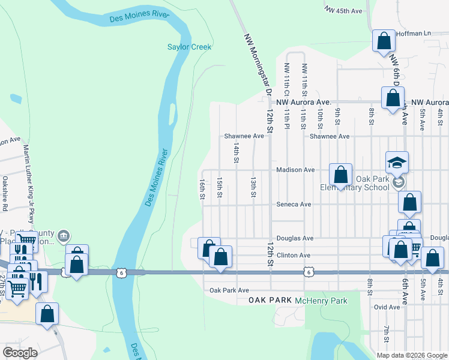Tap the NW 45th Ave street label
pos(343,11)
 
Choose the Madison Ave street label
pos(295,170)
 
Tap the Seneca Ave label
pos(294,205)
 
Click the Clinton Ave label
pos(293,256)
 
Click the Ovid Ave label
pos(386,307)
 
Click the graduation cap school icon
pos(397,162)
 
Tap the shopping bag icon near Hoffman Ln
pos(384,42)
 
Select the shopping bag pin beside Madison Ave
pos(340,175)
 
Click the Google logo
pos(20,353)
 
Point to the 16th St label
pos(202,188)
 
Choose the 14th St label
pos(237,152)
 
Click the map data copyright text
pos(411,355)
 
